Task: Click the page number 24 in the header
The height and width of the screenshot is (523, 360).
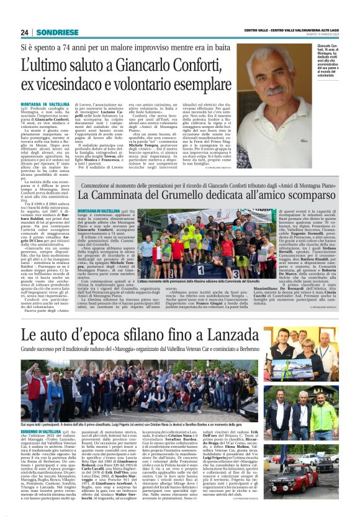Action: coord(24,32)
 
